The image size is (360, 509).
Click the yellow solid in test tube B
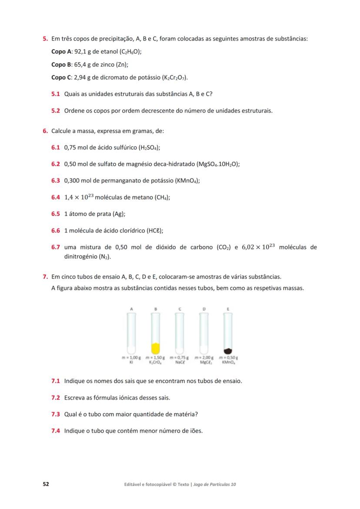tap(156, 348)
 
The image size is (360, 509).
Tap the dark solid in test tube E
tap(227, 351)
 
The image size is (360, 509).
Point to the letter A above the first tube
tap(131, 309)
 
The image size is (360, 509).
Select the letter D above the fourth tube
tap(203, 309)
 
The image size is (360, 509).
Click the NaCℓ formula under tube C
tap(180, 362)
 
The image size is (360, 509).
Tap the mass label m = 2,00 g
tap(204, 357)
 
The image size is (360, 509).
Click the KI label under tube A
tap(131, 362)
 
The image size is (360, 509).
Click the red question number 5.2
tap(55, 110)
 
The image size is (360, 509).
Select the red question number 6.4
tap(55, 197)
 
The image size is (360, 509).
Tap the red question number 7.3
tap(55, 414)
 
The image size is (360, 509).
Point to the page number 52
tap(45, 484)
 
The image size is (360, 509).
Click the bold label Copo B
tap(61, 64)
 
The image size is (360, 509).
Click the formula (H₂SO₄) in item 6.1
tap(149, 147)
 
